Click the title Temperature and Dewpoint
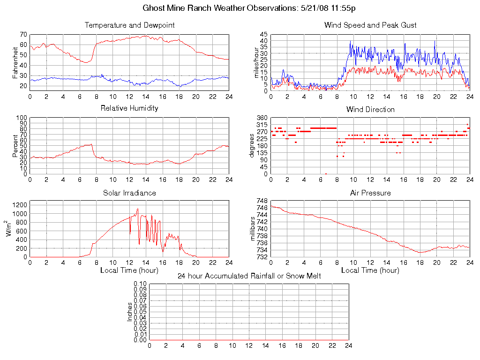pos(129,25)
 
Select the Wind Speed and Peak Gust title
pos(370,25)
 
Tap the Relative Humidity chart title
pos(129,108)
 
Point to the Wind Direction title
pos(370,110)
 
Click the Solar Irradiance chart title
pos(129,193)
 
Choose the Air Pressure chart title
pos(370,193)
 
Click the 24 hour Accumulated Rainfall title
pos(249,276)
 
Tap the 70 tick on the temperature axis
pos(23,34)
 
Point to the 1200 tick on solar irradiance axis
pos(20,205)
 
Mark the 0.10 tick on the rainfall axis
pos(140,284)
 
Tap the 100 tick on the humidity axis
pos(21,118)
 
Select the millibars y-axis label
pos(253,229)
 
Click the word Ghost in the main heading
pos(154,8)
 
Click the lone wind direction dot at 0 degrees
pos(326,173)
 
